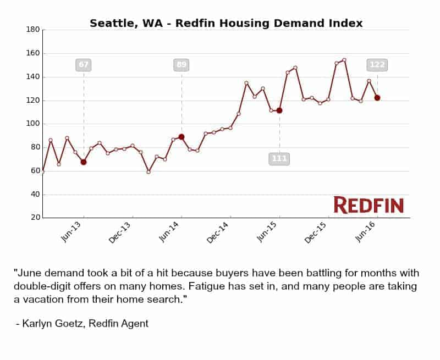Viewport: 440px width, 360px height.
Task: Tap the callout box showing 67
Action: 84,65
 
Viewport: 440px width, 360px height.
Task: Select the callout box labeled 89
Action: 182,65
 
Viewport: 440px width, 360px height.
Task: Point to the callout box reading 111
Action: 279,159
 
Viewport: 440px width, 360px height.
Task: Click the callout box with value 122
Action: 377,65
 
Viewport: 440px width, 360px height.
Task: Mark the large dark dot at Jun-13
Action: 84,162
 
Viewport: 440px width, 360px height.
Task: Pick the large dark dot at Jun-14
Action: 182,137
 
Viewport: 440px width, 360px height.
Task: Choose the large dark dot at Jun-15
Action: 279,110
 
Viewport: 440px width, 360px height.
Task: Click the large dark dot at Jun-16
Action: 377,98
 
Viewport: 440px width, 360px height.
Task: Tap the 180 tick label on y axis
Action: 33,30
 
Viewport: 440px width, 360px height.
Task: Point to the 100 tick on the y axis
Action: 33,124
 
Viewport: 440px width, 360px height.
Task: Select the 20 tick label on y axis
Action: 35,218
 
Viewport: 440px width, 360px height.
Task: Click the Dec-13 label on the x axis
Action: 120,232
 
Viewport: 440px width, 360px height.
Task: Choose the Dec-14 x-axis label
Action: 218,232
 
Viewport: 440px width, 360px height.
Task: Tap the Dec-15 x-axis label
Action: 316,232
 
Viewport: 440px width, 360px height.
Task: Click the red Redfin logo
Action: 369,205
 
